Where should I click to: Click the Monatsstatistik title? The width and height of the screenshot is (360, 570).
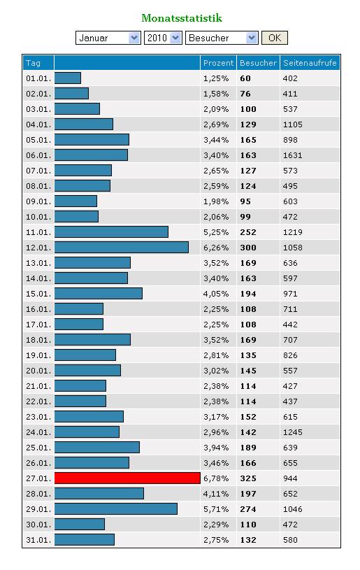[x=182, y=17]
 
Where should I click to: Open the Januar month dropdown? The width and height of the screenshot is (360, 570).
[x=108, y=38]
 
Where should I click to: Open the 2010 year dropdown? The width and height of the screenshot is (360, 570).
[x=163, y=38]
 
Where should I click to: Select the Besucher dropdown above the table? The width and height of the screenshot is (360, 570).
[x=222, y=38]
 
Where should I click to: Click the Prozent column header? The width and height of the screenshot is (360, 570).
[x=218, y=63]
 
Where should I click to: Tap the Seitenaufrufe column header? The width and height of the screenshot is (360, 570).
[x=310, y=63]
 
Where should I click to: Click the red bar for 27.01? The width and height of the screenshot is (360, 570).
[x=127, y=478]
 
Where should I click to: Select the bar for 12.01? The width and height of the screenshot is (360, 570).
[x=122, y=247]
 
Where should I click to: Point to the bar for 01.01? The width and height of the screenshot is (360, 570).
[x=68, y=78]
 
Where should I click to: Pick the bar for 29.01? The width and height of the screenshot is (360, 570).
[x=116, y=509]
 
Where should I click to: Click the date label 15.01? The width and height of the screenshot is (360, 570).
[x=38, y=294]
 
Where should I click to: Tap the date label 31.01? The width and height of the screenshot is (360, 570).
[x=38, y=540]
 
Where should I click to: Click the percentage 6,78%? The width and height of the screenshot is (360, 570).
[x=216, y=478]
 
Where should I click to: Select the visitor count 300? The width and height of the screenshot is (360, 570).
[x=248, y=248]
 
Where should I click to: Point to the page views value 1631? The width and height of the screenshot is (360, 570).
[x=292, y=155]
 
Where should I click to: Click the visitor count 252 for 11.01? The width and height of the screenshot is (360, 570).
[x=248, y=232]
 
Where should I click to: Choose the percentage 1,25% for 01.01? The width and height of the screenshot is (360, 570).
[x=216, y=78]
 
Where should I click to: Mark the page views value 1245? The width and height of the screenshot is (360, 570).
[x=292, y=432]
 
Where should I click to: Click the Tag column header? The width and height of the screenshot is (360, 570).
[x=33, y=63]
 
